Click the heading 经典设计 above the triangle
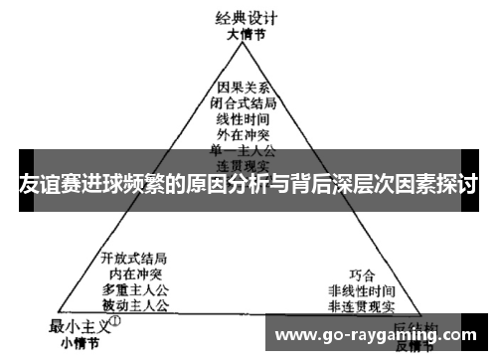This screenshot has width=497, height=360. click(248, 17)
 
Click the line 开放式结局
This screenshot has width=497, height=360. click(134, 257)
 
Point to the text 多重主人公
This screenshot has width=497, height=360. click(134, 287)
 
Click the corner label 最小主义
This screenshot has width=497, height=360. click(79, 324)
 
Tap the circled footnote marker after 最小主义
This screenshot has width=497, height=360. click(115, 321)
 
